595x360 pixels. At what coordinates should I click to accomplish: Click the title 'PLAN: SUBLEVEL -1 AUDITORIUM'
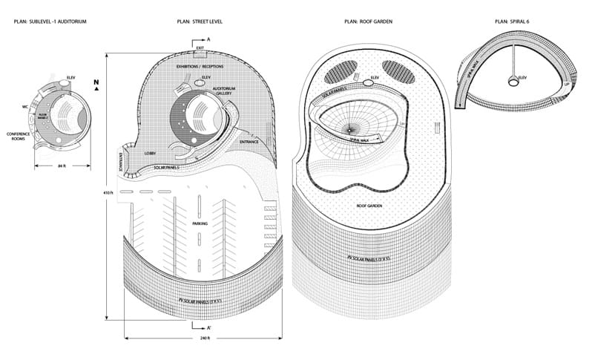click(50, 22)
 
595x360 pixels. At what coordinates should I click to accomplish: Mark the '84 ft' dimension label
click(62, 166)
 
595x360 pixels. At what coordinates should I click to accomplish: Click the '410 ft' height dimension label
click(109, 192)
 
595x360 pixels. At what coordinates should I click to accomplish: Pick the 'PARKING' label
click(200, 222)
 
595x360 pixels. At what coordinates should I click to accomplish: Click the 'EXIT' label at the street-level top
click(200, 48)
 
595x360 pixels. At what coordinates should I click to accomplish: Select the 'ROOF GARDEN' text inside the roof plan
click(369, 205)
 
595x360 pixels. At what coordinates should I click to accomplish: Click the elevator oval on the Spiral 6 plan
click(513, 80)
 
